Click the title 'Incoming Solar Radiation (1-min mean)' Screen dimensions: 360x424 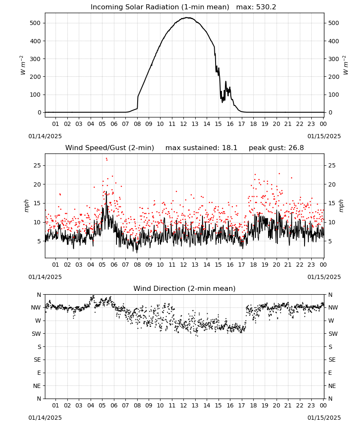[x=160, y=7]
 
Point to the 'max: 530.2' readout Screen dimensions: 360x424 [x=256, y=7]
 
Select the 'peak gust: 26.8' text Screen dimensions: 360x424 [x=276, y=148]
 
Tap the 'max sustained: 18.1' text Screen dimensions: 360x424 [x=201, y=148]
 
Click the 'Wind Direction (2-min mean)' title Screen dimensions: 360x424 [x=185, y=288]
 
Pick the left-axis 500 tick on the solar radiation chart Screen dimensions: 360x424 [x=35, y=23]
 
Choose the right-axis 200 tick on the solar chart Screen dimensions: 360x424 [x=334, y=77]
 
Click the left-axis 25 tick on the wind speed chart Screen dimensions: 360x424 [x=37, y=165]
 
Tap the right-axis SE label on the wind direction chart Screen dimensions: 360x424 [x=332, y=360]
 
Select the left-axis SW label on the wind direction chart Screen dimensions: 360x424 [x=36, y=334]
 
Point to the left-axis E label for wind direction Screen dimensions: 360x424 [x=39, y=373]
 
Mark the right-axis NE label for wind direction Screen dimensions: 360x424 [x=332, y=386]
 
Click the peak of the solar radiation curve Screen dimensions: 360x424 [x=187, y=17]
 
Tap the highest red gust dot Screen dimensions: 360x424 [x=106, y=159]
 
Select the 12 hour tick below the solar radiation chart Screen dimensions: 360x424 [x=183, y=124]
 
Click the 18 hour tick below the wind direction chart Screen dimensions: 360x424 [x=253, y=406]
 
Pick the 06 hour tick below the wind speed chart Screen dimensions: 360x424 [x=114, y=265]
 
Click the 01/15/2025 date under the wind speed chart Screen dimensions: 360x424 [x=324, y=277]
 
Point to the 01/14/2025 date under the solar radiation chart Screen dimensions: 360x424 [x=45, y=136]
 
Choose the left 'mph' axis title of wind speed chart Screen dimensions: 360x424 [x=26, y=206]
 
